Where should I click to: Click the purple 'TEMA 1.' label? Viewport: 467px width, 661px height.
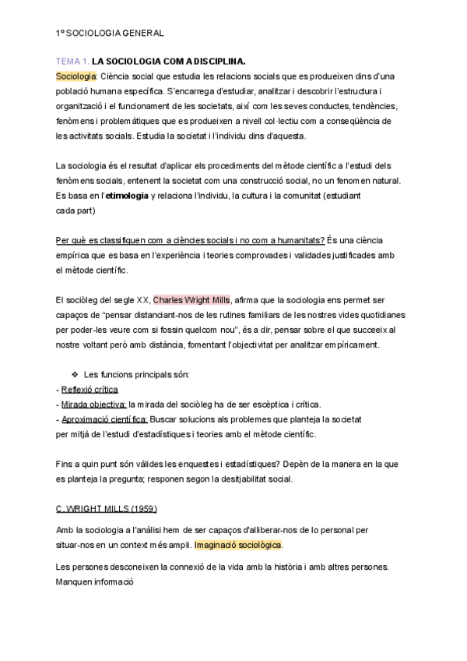click(73, 60)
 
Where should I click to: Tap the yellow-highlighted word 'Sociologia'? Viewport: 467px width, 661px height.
click(75, 75)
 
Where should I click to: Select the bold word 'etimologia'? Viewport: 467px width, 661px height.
click(127, 195)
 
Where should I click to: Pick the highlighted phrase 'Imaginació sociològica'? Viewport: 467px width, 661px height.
click(238, 544)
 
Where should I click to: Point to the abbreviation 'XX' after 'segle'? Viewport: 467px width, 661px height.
click(143, 299)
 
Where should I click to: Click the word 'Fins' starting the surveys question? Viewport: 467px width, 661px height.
click(65, 464)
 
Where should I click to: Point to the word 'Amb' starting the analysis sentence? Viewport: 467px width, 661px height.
click(65, 529)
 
